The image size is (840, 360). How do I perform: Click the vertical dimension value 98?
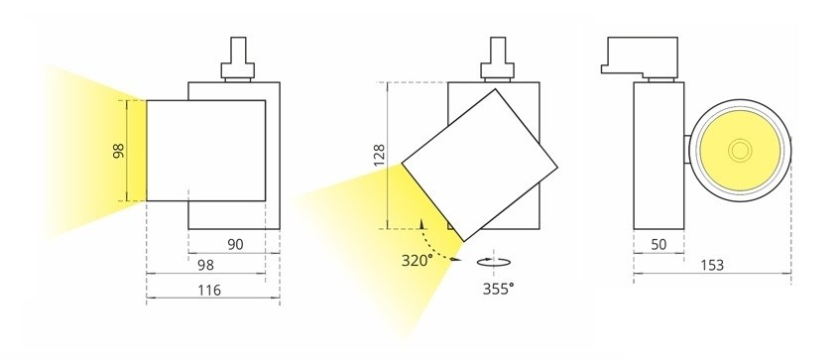(x=119, y=151)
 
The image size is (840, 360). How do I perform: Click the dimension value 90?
(x=235, y=244)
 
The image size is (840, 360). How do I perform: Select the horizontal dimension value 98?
(x=205, y=265)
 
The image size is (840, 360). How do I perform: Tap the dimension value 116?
(x=209, y=290)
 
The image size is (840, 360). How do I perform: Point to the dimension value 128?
(x=379, y=156)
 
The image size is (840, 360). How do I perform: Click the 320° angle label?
(x=417, y=261)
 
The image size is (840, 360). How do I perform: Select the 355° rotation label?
(x=498, y=289)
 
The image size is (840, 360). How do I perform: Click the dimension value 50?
(x=659, y=244)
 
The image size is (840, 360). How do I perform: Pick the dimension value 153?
(x=712, y=265)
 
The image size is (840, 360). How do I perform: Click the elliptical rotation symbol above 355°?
(x=494, y=262)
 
